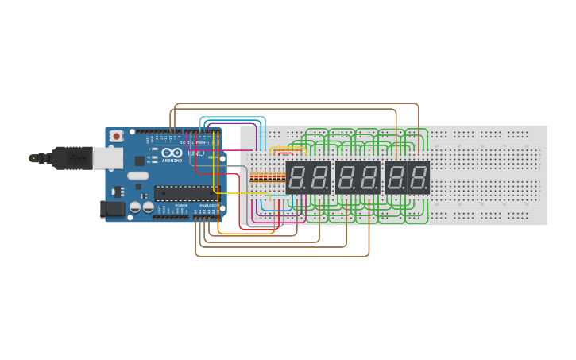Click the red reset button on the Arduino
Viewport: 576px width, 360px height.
point(117,136)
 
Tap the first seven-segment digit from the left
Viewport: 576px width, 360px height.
point(296,177)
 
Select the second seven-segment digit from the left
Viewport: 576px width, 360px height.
point(319,177)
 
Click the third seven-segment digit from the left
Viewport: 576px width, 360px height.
point(346,177)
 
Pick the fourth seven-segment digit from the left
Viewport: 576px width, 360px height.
point(369,177)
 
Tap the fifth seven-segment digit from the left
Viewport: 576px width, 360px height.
point(396,177)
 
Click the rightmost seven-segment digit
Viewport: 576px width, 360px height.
point(419,177)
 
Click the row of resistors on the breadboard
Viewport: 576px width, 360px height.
point(267,176)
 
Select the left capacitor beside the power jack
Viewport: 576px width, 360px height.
point(136,207)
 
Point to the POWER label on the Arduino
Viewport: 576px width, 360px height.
point(182,205)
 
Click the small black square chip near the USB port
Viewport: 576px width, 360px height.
point(140,161)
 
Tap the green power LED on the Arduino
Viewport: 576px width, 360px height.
point(211,157)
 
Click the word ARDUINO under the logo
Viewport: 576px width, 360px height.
point(172,160)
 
